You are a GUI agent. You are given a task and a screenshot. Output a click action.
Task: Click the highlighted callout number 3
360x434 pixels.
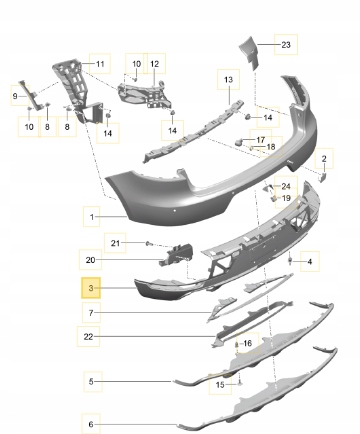(91, 288)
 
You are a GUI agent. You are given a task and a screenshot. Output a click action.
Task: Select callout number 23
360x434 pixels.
(286, 45)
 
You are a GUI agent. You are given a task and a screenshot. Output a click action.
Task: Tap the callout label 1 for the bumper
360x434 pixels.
(92, 217)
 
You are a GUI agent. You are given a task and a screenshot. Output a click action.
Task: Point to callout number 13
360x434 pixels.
(228, 80)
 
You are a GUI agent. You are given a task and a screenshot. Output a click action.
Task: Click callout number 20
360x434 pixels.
(90, 260)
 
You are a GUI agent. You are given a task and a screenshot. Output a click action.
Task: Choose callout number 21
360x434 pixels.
(115, 243)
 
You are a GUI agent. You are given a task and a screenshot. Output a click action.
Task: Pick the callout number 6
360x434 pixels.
(91, 424)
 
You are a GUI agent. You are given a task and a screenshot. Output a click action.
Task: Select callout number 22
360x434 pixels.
(88, 337)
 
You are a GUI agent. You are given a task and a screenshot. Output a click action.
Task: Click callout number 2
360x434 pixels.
(324, 159)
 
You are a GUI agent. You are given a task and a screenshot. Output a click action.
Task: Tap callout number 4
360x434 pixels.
(310, 262)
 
